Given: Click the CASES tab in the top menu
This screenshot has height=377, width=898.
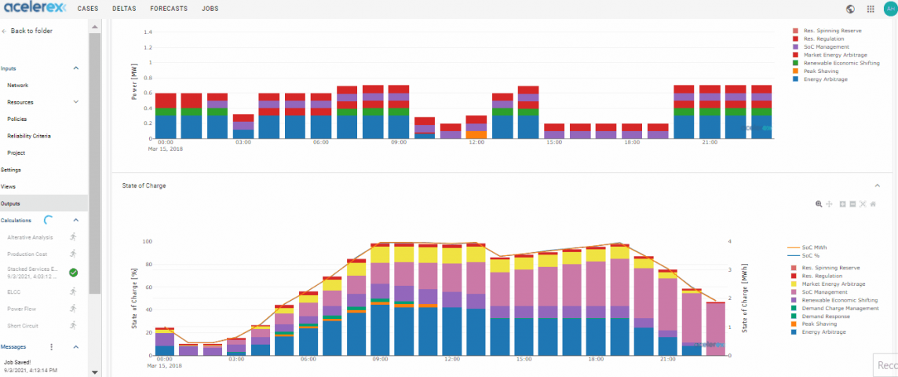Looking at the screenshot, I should point(87,9).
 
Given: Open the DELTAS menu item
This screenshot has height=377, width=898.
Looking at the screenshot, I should point(123,9).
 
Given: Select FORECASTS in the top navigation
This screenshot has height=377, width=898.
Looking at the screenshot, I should point(169,9).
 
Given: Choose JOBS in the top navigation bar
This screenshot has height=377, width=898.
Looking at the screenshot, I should point(210,9).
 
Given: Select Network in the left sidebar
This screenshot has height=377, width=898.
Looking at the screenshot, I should point(18,85).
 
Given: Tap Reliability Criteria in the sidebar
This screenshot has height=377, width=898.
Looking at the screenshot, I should point(29,136).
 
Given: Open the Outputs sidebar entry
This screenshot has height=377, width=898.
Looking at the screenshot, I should point(11,203).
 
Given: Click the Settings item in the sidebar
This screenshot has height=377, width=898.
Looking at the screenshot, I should point(11,170).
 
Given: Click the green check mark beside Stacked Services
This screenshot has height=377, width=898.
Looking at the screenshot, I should point(73,272).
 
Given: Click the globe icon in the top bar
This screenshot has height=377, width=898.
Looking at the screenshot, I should point(850,9).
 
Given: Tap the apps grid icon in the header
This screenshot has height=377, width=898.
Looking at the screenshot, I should point(870,9).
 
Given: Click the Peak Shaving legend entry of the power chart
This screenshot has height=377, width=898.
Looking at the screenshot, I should point(821,71).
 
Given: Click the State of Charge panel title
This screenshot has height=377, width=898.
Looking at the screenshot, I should point(144,185).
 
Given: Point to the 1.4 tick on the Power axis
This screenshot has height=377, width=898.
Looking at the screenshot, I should point(147,32).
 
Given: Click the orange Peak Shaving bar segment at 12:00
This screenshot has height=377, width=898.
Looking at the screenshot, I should point(476,135).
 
